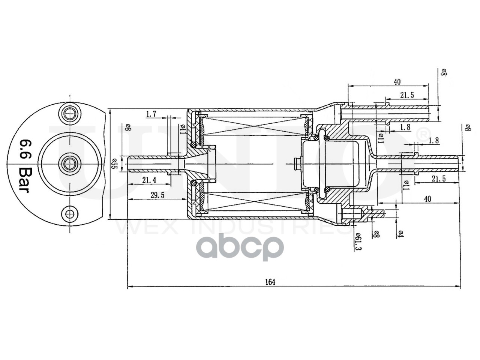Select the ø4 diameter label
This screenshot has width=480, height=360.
pyautogui.click(x=400, y=234)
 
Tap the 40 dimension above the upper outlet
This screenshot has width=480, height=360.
pyautogui.click(x=397, y=81)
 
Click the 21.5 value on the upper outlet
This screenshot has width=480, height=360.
pyautogui.click(x=406, y=95)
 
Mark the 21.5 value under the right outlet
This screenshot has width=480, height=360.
pyautogui.click(x=438, y=179)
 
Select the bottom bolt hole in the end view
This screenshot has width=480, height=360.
pyautogui.click(x=69, y=214)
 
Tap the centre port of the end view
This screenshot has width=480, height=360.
pyautogui.click(x=69, y=163)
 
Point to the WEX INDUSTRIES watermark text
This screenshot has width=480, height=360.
pyautogui.click(x=232, y=227)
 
